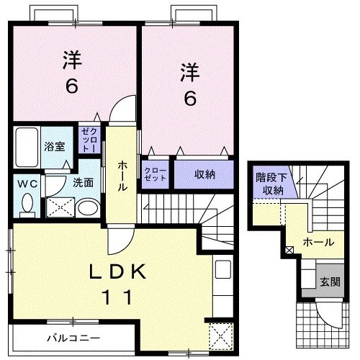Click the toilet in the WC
click(x=27, y=205)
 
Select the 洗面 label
click(x=83, y=183)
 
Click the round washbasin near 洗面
click(x=86, y=209)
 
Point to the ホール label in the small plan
click(x=318, y=243)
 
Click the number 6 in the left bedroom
click(x=72, y=86)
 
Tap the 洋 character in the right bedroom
click(x=189, y=72)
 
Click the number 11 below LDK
click(x=119, y=296)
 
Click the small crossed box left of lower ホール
click(x=289, y=250)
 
